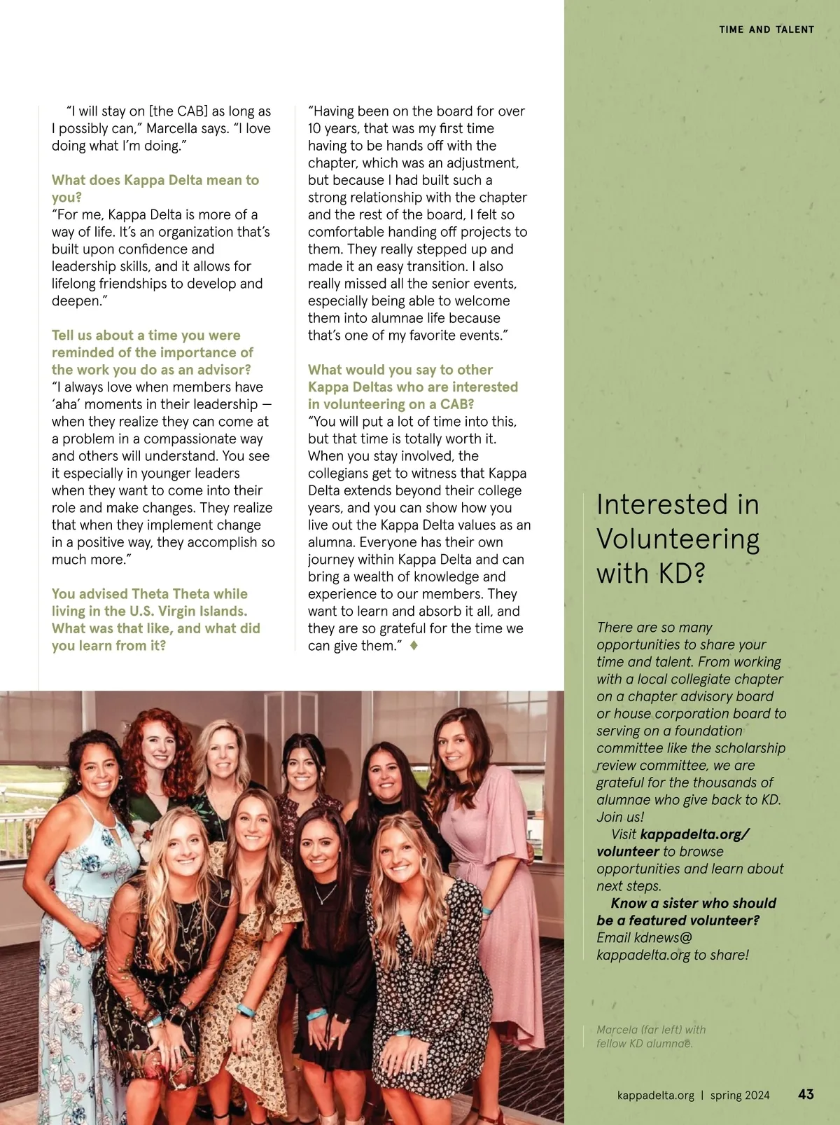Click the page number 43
(806, 1093)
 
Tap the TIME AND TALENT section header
(766, 29)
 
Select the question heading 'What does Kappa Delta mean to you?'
(155, 188)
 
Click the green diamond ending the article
(414, 645)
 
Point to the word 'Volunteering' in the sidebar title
(678, 539)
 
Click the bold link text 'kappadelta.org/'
(694, 834)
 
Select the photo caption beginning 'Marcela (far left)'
(650, 1036)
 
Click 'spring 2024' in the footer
(739, 1095)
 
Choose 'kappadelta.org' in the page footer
(655, 1095)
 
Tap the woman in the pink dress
(483, 876)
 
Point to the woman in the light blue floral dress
(77, 911)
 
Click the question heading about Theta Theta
(155, 619)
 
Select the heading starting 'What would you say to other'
(413, 387)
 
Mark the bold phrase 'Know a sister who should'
(693, 903)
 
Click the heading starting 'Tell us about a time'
(152, 352)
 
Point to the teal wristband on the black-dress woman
(316, 1014)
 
